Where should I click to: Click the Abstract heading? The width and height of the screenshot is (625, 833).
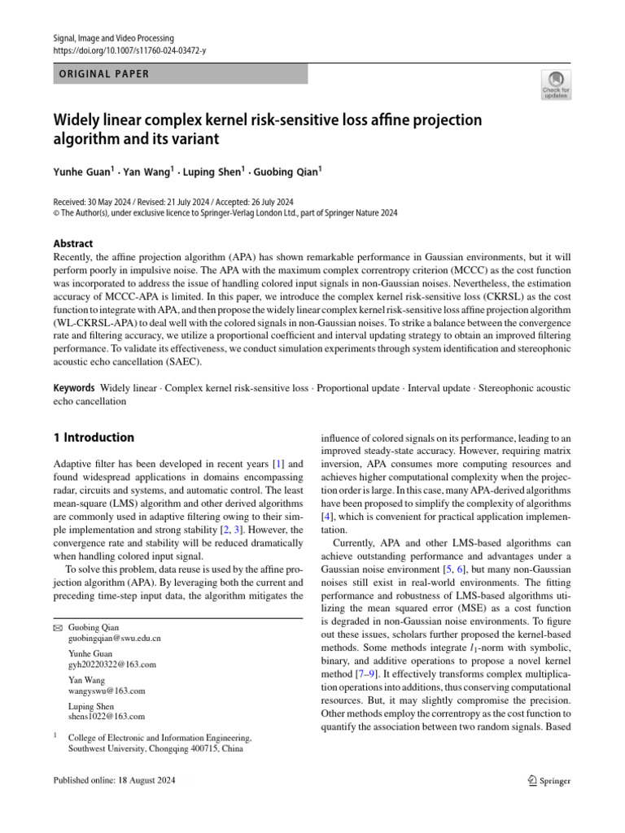[x=73, y=243]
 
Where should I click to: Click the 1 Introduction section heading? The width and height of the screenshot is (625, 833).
[x=94, y=438]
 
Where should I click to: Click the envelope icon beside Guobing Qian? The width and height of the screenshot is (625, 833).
[x=57, y=627]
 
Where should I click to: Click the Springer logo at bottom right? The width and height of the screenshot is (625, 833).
[x=549, y=781]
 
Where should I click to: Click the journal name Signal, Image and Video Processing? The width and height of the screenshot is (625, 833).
[x=113, y=38]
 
